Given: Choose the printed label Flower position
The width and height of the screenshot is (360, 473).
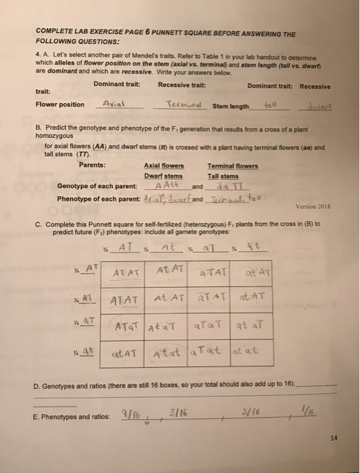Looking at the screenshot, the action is tap(59, 105).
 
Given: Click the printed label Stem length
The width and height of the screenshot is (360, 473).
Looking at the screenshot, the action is tap(230, 106).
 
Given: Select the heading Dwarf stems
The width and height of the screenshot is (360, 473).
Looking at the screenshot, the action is tap(164, 174).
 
